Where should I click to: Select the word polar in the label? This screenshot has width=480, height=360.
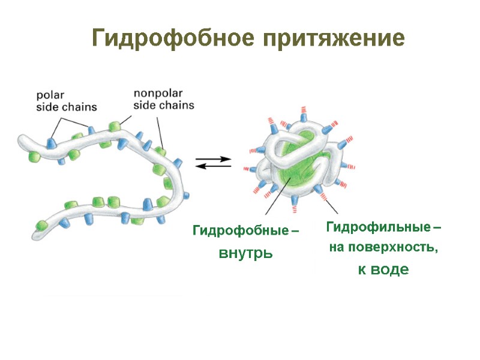(x=50, y=95)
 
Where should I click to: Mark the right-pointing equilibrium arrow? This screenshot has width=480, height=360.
(x=214, y=159)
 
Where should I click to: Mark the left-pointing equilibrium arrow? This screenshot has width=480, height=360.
(x=214, y=166)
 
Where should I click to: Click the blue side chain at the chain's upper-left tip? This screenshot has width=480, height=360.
(x=51, y=143)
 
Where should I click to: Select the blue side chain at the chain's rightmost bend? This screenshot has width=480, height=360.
(x=187, y=196)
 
